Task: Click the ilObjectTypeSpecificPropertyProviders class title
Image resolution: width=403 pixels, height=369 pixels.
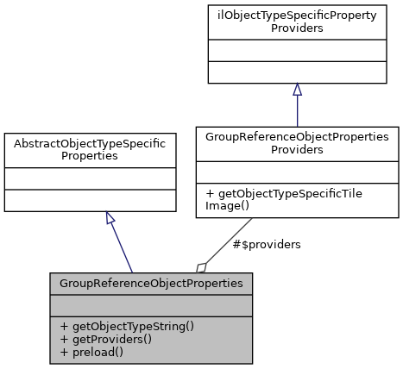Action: pyautogui.click(x=296, y=22)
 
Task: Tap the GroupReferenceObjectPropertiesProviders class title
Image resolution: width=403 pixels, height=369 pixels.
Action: pyautogui.click(x=297, y=143)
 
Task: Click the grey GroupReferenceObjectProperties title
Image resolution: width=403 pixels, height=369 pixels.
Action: pyautogui.click(x=151, y=283)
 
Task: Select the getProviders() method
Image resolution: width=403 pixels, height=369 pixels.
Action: pyautogui.click(x=105, y=339)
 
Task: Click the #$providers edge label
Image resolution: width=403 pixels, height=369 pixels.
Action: pyautogui.click(x=267, y=245)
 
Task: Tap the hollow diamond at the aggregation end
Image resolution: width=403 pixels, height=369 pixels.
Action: pyautogui.click(x=202, y=266)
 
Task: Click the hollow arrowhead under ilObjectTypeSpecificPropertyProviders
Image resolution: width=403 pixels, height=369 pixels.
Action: pyautogui.click(x=297, y=90)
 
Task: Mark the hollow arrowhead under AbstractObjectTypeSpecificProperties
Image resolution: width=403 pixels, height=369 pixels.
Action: pyautogui.click(x=110, y=218)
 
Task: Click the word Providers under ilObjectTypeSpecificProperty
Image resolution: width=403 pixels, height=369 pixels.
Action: pyautogui.click(x=296, y=28)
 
